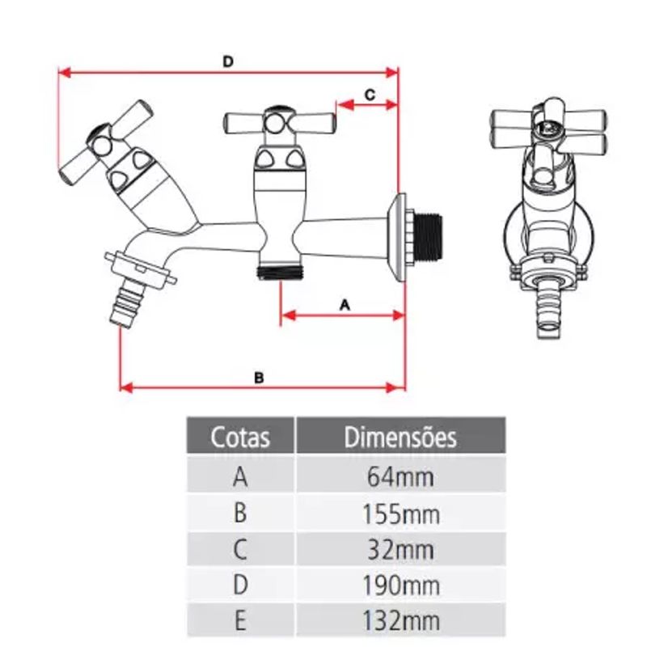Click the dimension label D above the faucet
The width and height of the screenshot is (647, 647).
228,62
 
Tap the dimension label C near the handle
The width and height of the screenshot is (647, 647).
370,95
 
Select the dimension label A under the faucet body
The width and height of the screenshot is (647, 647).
345,306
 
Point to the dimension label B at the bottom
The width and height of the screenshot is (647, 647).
259,378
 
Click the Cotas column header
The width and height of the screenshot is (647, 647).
240,437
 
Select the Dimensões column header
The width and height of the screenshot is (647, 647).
400,437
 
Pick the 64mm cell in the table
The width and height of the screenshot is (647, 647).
400,477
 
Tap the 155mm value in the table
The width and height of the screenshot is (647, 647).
400,514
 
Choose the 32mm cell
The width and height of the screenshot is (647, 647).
400,550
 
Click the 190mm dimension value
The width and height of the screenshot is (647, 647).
400,585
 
